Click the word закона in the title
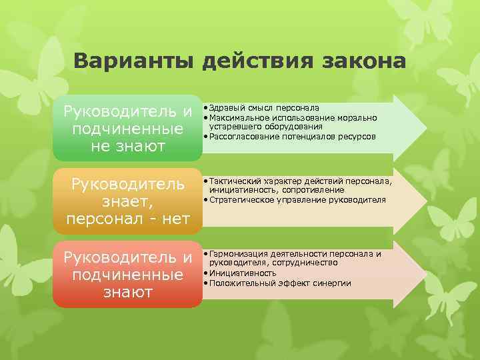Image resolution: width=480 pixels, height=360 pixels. pos(364,62)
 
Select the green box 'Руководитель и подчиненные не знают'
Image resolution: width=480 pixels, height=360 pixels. pos(127,127)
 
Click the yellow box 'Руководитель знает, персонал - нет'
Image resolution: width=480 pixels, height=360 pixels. pos(127,201)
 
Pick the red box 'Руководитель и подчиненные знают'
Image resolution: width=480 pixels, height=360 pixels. pos(127,274)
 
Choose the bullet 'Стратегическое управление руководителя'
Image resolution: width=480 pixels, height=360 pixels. pos(297,199)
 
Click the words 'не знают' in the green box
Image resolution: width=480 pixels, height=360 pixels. pos(127,146)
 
